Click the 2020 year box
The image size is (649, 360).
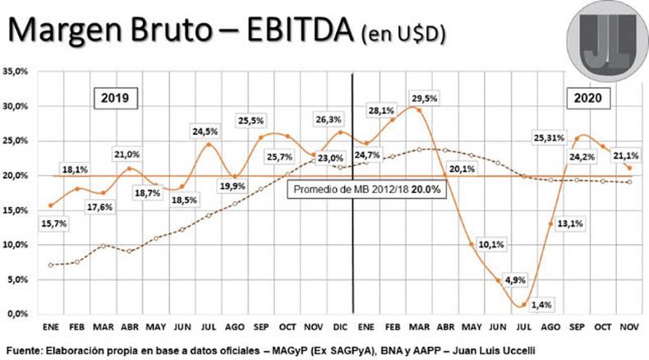tap(589, 98)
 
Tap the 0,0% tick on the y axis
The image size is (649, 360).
tap(20, 314)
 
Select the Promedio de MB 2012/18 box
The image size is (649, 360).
tap(366, 189)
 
